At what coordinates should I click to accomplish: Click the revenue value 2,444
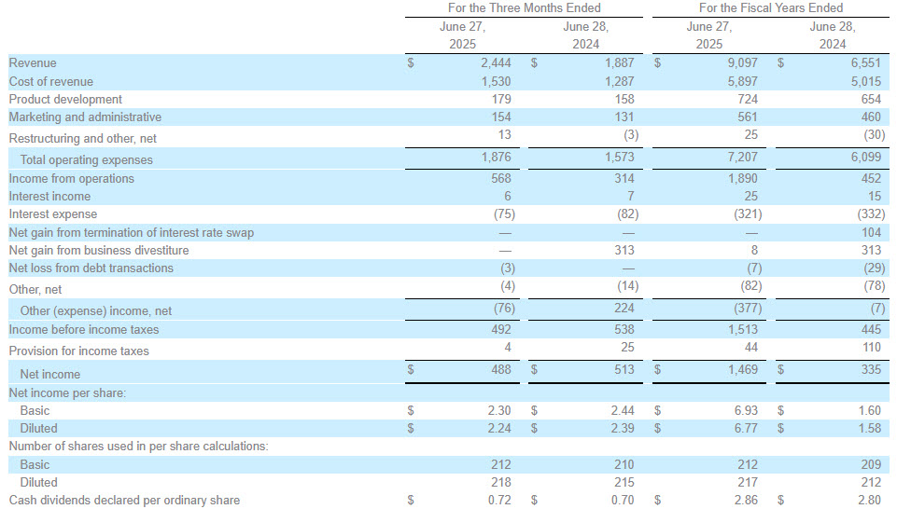coord(496,62)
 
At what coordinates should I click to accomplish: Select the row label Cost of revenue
coord(51,82)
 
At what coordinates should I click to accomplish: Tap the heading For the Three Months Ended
coord(524,8)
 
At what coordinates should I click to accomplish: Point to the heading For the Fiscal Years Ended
coord(771,8)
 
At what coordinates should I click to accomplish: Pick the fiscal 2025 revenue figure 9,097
coord(743,62)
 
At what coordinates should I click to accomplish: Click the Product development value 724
coord(748,100)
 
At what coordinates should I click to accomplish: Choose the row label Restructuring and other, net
coord(82,138)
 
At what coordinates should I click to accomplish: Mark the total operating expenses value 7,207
coord(743,158)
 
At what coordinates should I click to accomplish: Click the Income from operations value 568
coord(501,179)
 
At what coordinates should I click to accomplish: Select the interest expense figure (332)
coord(872,214)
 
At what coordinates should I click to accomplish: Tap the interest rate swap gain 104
coord(871,232)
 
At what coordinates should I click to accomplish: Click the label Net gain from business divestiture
coord(98,250)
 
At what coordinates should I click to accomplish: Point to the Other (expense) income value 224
coord(624,308)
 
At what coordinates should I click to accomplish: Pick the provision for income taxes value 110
coord(871,348)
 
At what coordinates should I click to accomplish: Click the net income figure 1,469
coord(743,369)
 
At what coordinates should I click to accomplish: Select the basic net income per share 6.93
coord(746,411)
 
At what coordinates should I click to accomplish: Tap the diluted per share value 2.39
coord(623,429)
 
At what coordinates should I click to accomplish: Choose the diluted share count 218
coord(501,483)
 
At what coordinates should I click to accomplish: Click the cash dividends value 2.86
coord(746,501)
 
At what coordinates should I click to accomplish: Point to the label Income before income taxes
coord(83,330)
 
